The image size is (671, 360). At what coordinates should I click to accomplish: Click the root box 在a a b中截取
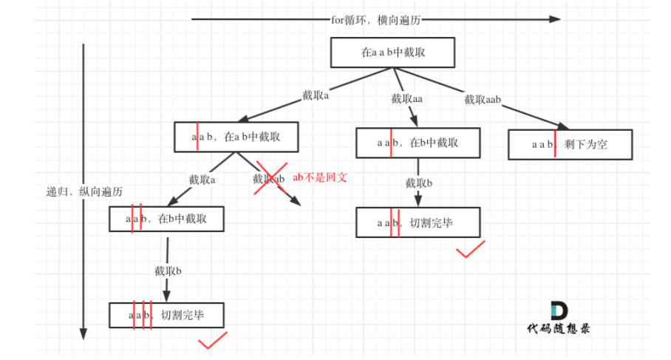[x=392, y=52]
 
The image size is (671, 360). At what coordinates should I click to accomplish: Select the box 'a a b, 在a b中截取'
[x=235, y=137]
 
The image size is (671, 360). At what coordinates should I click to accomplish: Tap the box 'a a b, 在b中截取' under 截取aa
[x=418, y=143]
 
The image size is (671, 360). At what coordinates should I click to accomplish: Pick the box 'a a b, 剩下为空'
[x=570, y=144]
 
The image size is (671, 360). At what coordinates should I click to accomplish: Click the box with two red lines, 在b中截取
[x=166, y=219]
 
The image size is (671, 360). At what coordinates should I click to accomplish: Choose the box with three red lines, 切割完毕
[x=166, y=316]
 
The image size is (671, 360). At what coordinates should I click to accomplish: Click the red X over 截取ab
[x=270, y=178]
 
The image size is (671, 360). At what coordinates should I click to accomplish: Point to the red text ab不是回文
[x=320, y=177]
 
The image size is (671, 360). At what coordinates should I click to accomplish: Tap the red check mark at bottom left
[x=212, y=340]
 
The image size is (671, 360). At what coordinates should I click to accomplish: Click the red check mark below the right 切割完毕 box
[x=470, y=250]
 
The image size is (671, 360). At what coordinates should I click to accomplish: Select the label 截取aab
[x=483, y=99]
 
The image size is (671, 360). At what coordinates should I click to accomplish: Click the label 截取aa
[x=407, y=99]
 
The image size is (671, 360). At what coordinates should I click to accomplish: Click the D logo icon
[x=559, y=310]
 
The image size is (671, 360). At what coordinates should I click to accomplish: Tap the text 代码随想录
[x=559, y=328]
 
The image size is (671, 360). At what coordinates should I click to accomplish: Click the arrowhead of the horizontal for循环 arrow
[x=555, y=19]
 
